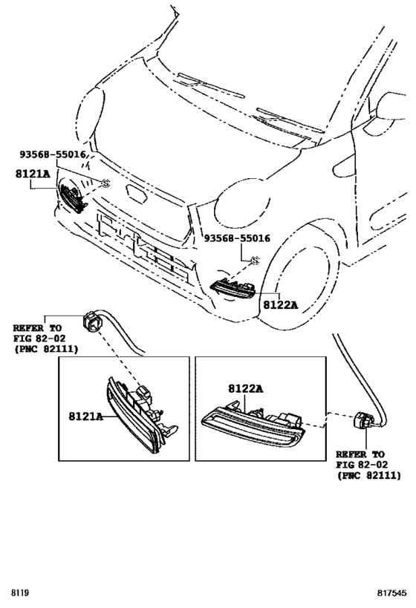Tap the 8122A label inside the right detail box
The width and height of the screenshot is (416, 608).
(247, 389)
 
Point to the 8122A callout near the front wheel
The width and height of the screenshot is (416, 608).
(279, 304)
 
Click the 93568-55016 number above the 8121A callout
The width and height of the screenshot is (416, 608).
(53, 154)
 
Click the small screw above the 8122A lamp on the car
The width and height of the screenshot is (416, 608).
(254, 261)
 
